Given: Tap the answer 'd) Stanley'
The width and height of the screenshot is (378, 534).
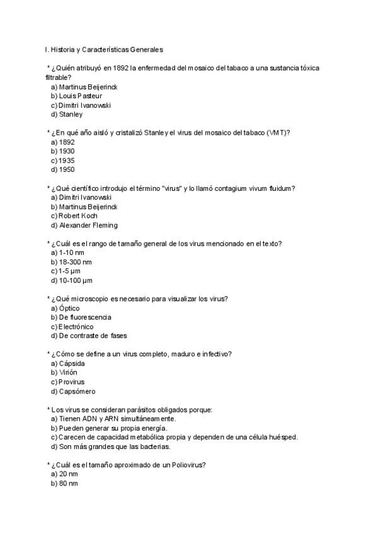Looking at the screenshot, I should coord(66,115).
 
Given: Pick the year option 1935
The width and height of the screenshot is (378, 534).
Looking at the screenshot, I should coord(62,161).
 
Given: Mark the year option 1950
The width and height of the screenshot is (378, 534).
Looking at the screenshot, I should coord(62,169).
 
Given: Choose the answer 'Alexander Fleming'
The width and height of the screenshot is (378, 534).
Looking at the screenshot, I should coord(83,225).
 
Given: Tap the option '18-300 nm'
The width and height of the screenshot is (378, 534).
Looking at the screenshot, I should coord(71,262).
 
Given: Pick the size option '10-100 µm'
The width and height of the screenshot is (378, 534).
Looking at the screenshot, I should coord(71,280).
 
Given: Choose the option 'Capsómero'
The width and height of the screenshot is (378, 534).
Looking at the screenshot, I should coord(72,391).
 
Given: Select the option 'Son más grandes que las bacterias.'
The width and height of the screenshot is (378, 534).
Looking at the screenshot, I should coord(110,446).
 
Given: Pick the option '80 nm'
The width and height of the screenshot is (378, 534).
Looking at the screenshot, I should coord(64,484).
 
